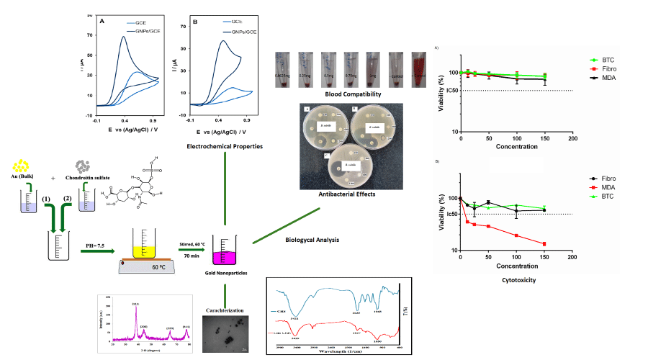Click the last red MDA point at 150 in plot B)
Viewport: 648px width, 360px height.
click(x=544, y=243)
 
